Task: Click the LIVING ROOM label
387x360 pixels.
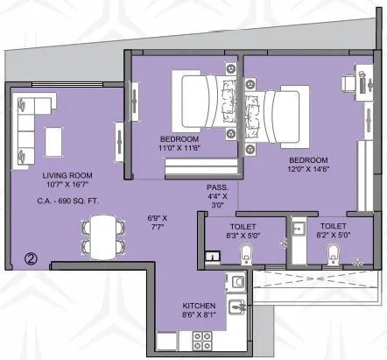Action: point(57,175)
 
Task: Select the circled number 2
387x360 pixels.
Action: point(30,258)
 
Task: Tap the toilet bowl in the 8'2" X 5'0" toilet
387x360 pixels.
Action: point(332,254)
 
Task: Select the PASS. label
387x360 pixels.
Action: point(216,187)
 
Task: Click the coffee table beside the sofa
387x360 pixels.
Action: point(55,139)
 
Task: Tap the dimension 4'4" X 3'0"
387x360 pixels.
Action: point(216,203)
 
